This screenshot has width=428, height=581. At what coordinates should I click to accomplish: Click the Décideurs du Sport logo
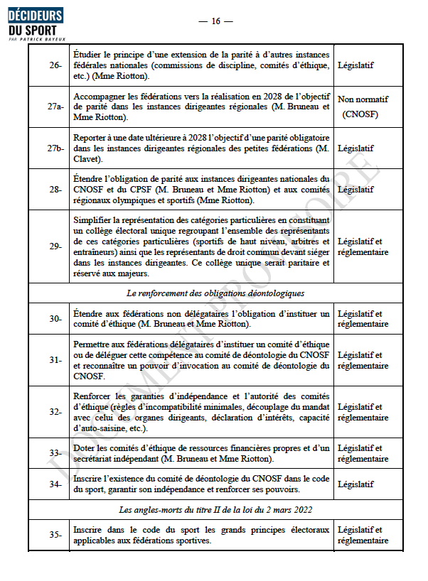[35, 26]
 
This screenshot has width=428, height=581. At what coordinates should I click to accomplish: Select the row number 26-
[55, 65]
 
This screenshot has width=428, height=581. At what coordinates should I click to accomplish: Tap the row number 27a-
[55, 107]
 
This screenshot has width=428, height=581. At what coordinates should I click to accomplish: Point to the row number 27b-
[55, 148]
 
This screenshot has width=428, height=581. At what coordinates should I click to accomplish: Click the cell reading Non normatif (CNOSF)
[363, 107]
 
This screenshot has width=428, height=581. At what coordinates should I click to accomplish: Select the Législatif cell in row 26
[356, 65]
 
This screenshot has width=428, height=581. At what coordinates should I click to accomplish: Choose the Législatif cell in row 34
[356, 484]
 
